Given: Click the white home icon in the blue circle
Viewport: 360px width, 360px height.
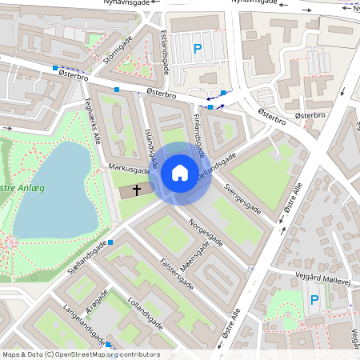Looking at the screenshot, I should [180, 173].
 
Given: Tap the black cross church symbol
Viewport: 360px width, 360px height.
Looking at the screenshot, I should [137, 190].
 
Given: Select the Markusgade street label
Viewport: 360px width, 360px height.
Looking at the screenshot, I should [130, 170].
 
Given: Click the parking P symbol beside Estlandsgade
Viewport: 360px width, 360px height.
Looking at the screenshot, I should [198, 50].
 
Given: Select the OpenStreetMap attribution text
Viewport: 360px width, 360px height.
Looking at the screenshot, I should [81, 354].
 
